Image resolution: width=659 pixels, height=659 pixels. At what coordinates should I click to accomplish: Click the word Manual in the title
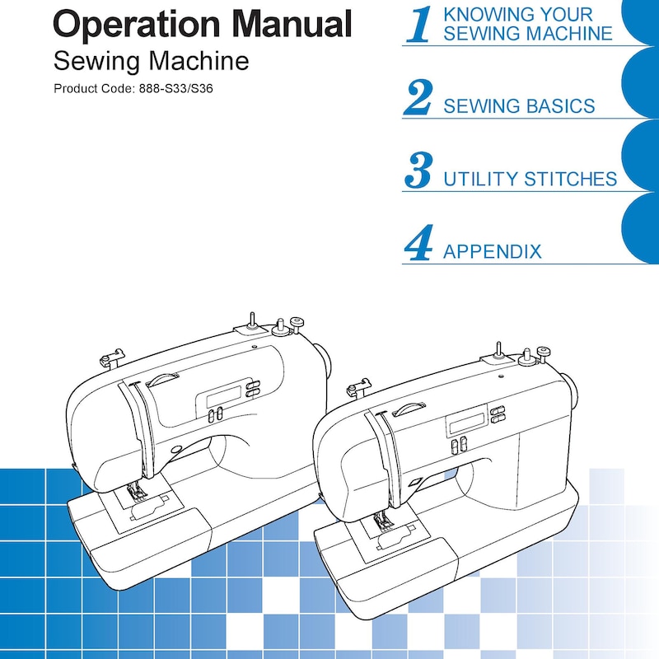pyautogui.click(x=292, y=24)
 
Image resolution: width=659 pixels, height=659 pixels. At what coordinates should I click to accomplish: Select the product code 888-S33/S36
pyautogui.click(x=175, y=89)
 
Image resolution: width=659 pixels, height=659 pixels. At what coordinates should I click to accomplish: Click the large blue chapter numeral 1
pyautogui.click(x=419, y=25)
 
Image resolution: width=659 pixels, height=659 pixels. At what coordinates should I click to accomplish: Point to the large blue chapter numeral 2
pyautogui.click(x=418, y=97)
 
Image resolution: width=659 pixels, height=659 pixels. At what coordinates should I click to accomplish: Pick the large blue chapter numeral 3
pyautogui.click(x=418, y=171)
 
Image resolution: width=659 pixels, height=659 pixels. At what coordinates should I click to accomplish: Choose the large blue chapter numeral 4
pyautogui.click(x=418, y=242)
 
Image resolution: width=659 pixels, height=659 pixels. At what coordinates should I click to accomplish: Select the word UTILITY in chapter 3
pyautogui.click(x=481, y=179)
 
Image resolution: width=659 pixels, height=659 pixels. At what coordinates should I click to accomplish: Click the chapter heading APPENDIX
pyautogui.click(x=492, y=252)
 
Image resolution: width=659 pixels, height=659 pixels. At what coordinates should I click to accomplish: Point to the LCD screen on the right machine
pyautogui.click(x=467, y=423)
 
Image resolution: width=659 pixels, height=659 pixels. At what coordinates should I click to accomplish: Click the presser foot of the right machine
pyautogui.click(x=383, y=523)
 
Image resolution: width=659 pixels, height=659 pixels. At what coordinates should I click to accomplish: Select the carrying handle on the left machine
pyautogui.click(x=162, y=379)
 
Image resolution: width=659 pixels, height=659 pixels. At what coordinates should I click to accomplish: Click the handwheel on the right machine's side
pyautogui.click(x=571, y=390)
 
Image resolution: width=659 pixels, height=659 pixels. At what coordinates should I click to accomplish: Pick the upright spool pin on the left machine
pyautogui.click(x=251, y=320)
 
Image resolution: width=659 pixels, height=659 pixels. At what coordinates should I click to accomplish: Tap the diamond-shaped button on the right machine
pyautogui.click(x=416, y=482)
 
